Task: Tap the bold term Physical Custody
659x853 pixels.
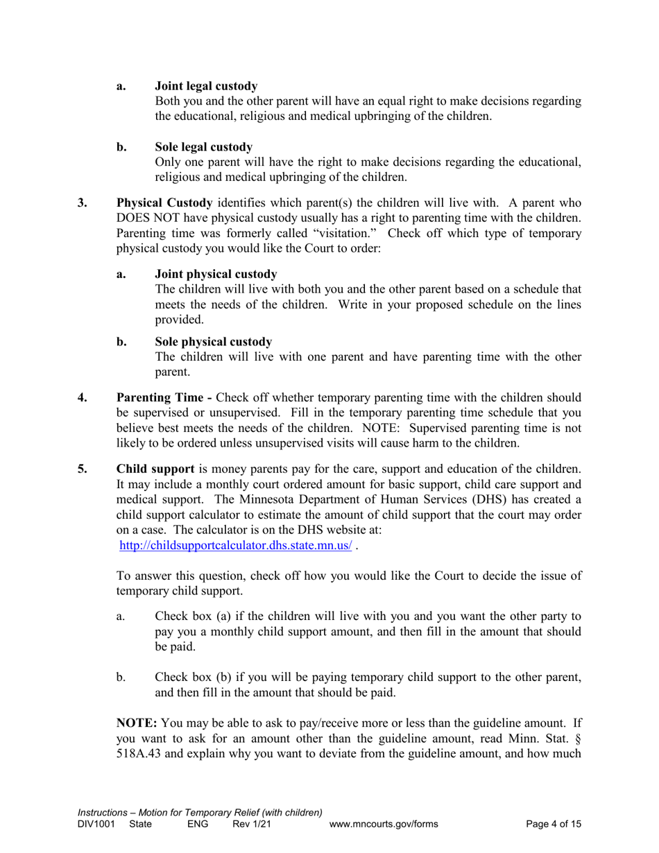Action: click(x=164, y=203)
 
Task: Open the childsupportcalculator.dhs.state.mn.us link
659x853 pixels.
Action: click(x=235, y=546)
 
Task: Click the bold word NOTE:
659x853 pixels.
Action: click(x=137, y=723)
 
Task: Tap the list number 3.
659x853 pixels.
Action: click(x=83, y=203)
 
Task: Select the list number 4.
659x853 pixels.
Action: click(x=83, y=398)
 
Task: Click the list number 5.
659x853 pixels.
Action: click(x=83, y=469)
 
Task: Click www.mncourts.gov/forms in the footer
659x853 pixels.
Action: click(x=384, y=825)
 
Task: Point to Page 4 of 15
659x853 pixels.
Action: click(x=554, y=825)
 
